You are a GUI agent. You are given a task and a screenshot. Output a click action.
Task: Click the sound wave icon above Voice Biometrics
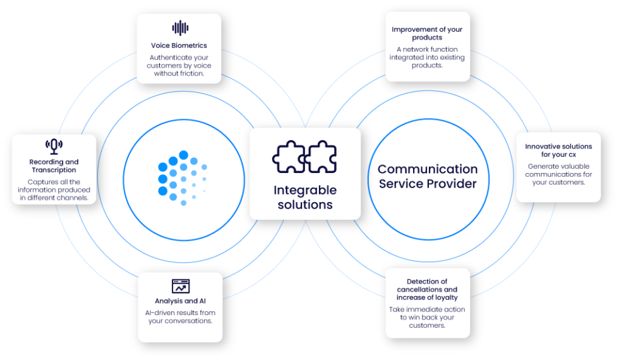[180, 28]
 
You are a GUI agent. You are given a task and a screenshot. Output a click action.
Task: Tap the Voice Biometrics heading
[179, 45]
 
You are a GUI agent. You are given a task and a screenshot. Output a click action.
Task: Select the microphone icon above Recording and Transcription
[54, 147]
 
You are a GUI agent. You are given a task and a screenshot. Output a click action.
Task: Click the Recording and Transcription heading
[54, 166]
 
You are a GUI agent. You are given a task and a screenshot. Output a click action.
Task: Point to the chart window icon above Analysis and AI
[181, 286]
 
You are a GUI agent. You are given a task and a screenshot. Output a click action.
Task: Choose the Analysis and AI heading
[180, 301]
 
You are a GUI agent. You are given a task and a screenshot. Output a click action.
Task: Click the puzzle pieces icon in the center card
[304, 157]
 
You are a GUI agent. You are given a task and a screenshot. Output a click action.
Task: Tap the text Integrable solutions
[305, 197]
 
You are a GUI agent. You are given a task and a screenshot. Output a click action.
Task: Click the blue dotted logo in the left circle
[182, 177]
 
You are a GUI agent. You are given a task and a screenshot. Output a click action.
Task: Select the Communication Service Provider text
[427, 176]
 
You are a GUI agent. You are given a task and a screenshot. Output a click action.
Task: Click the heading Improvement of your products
[427, 33]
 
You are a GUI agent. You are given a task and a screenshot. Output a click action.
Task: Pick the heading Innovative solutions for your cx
[558, 150]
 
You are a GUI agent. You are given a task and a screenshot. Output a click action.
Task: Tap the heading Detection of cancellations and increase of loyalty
[427, 289]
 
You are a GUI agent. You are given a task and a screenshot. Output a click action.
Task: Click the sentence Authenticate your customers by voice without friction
[180, 65]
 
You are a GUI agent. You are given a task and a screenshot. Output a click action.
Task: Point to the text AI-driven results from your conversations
[180, 316]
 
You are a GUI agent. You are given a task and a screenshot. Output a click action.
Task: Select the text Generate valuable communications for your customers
[558, 174]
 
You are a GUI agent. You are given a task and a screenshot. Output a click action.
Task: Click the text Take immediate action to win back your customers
[427, 318]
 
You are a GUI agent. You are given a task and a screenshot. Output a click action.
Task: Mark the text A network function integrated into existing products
[427, 57]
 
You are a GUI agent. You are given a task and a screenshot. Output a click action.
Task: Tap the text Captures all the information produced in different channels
[54, 189]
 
